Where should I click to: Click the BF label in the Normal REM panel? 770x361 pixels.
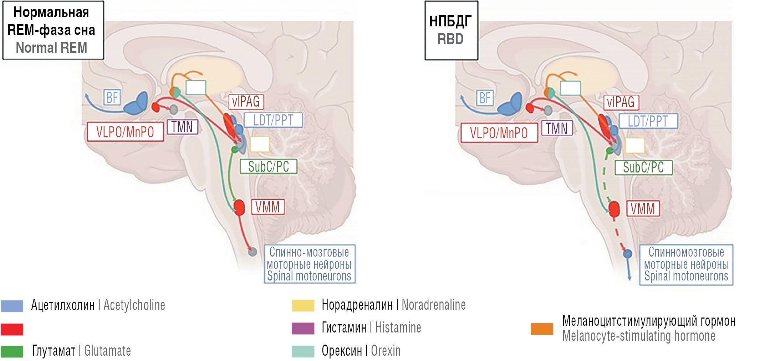pyautogui.click(x=112, y=97)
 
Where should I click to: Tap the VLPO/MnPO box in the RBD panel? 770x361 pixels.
pyautogui.click(x=499, y=133)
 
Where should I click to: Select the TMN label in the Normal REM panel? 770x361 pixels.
pyautogui.click(x=182, y=127)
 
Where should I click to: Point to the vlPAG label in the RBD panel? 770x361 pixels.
pyautogui.click(x=621, y=102)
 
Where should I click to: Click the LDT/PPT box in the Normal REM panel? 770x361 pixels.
pyautogui.click(x=273, y=120)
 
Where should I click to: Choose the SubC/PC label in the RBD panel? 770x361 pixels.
pyautogui.click(x=643, y=167)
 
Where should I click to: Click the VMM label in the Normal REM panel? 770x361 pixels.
pyautogui.click(x=268, y=207)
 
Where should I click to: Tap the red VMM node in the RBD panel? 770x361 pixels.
pyautogui.click(x=614, y=208)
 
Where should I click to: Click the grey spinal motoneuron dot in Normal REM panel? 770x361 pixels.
pyautogui.click(x=253, y=252)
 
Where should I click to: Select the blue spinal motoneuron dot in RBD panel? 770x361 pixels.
pyautogui.click(x=628, y=254)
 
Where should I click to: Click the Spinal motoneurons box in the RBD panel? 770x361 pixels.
pyautogui.click(x=686, y=264)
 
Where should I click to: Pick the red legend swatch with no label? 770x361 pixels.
pyautogui.click(x=12, y=329)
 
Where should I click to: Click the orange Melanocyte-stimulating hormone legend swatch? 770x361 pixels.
pyautogui.click(x=542, y=329)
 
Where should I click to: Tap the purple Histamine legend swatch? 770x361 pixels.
pyautogui.click(x=303, y=328)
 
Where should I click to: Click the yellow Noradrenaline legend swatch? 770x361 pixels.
pyautogui.click(x=303, y=305)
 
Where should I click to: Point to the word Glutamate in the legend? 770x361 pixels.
pyautogui.click(x=107, y=351)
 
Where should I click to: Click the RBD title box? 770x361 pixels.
pyautogui.click(x=451, y=30)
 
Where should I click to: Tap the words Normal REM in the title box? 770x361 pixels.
pyautogui.click(x=51, y=48)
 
